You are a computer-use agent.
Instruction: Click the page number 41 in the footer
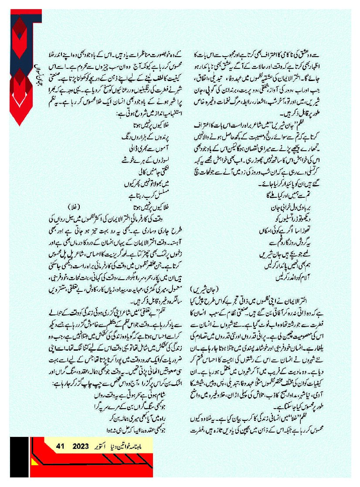click(61, 446)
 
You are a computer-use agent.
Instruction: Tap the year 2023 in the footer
click(81, 446)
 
